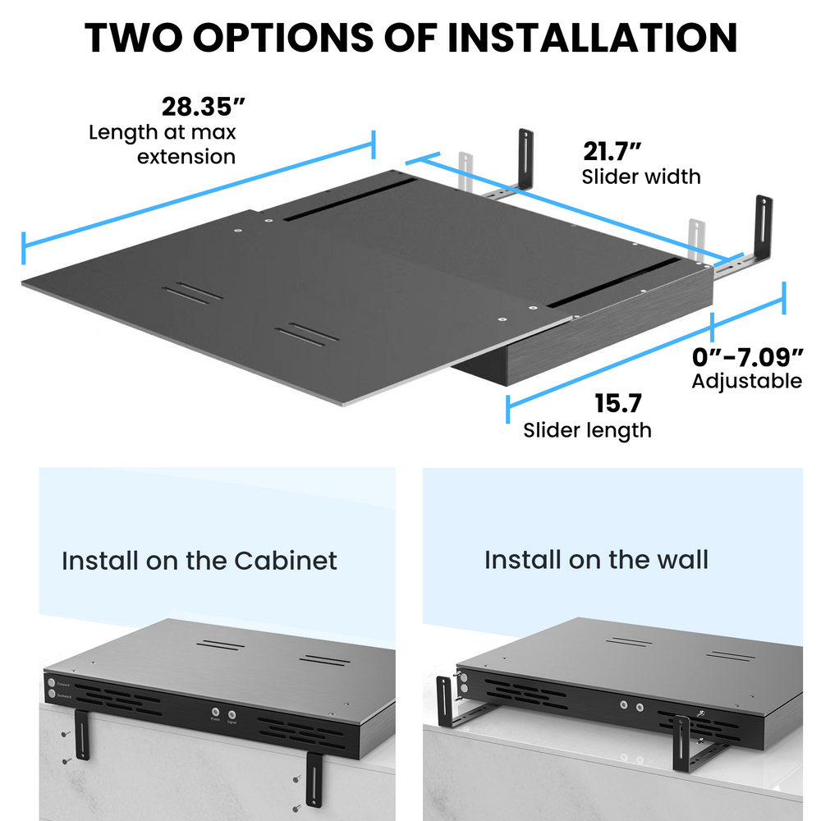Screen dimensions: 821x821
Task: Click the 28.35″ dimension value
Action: pyautogui.click(x=203, y=108)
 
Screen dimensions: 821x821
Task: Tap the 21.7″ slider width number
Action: pyautogui.click(x=612, y=152)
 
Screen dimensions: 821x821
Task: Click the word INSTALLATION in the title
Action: pyautogui.click(x=591, y=37)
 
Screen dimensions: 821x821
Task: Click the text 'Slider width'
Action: pyautogui.click(x=641, y=177)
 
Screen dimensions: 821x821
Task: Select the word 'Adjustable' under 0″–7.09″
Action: pyautogui.click(x=746, y=381)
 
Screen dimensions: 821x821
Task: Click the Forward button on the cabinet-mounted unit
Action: pyautogui.click(x=53, y=682)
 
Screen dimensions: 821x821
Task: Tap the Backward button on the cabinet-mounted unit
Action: pyautogui.click(x=53, y=695)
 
